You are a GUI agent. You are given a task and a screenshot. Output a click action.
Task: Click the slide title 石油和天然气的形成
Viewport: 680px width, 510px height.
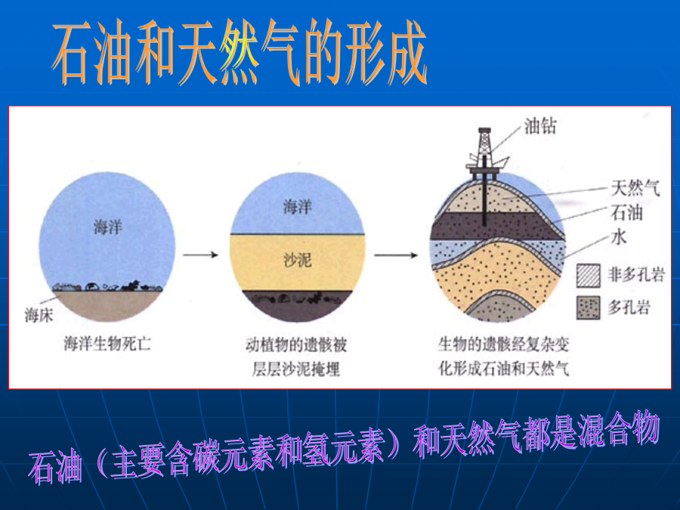240,53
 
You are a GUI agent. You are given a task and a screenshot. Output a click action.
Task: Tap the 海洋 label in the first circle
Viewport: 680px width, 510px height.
108,227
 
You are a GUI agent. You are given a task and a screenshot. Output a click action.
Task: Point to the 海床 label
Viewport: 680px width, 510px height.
39,315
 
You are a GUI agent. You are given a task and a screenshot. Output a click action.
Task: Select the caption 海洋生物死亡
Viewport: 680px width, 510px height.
107,344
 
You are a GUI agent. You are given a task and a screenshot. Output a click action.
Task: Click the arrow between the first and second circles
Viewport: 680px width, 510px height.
200,255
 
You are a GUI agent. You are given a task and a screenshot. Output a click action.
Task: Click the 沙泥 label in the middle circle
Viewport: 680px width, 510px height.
298,260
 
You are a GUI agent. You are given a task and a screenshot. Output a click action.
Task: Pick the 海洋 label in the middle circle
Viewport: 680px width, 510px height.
298,207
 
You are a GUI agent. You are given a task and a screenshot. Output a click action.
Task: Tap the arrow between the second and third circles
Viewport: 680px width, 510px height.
396,255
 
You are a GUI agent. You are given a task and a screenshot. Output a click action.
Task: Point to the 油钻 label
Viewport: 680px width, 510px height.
540,126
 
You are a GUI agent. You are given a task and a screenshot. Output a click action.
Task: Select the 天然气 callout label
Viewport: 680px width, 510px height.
635,188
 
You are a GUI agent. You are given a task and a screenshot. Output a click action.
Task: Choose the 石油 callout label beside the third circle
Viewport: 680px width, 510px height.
626,212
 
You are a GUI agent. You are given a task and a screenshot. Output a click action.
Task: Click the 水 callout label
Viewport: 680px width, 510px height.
619,236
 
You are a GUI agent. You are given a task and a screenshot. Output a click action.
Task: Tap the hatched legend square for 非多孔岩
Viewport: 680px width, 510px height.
589,275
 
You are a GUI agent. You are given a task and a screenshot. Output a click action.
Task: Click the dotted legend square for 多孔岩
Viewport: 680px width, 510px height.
589,308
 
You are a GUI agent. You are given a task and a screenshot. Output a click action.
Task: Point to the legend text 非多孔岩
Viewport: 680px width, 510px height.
636,275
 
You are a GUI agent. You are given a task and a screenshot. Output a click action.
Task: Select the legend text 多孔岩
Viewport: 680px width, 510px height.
629,308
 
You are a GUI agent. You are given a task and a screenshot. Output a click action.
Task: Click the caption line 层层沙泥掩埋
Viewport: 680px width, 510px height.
296,369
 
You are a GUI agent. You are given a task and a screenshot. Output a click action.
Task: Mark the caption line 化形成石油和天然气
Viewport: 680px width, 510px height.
503,369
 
